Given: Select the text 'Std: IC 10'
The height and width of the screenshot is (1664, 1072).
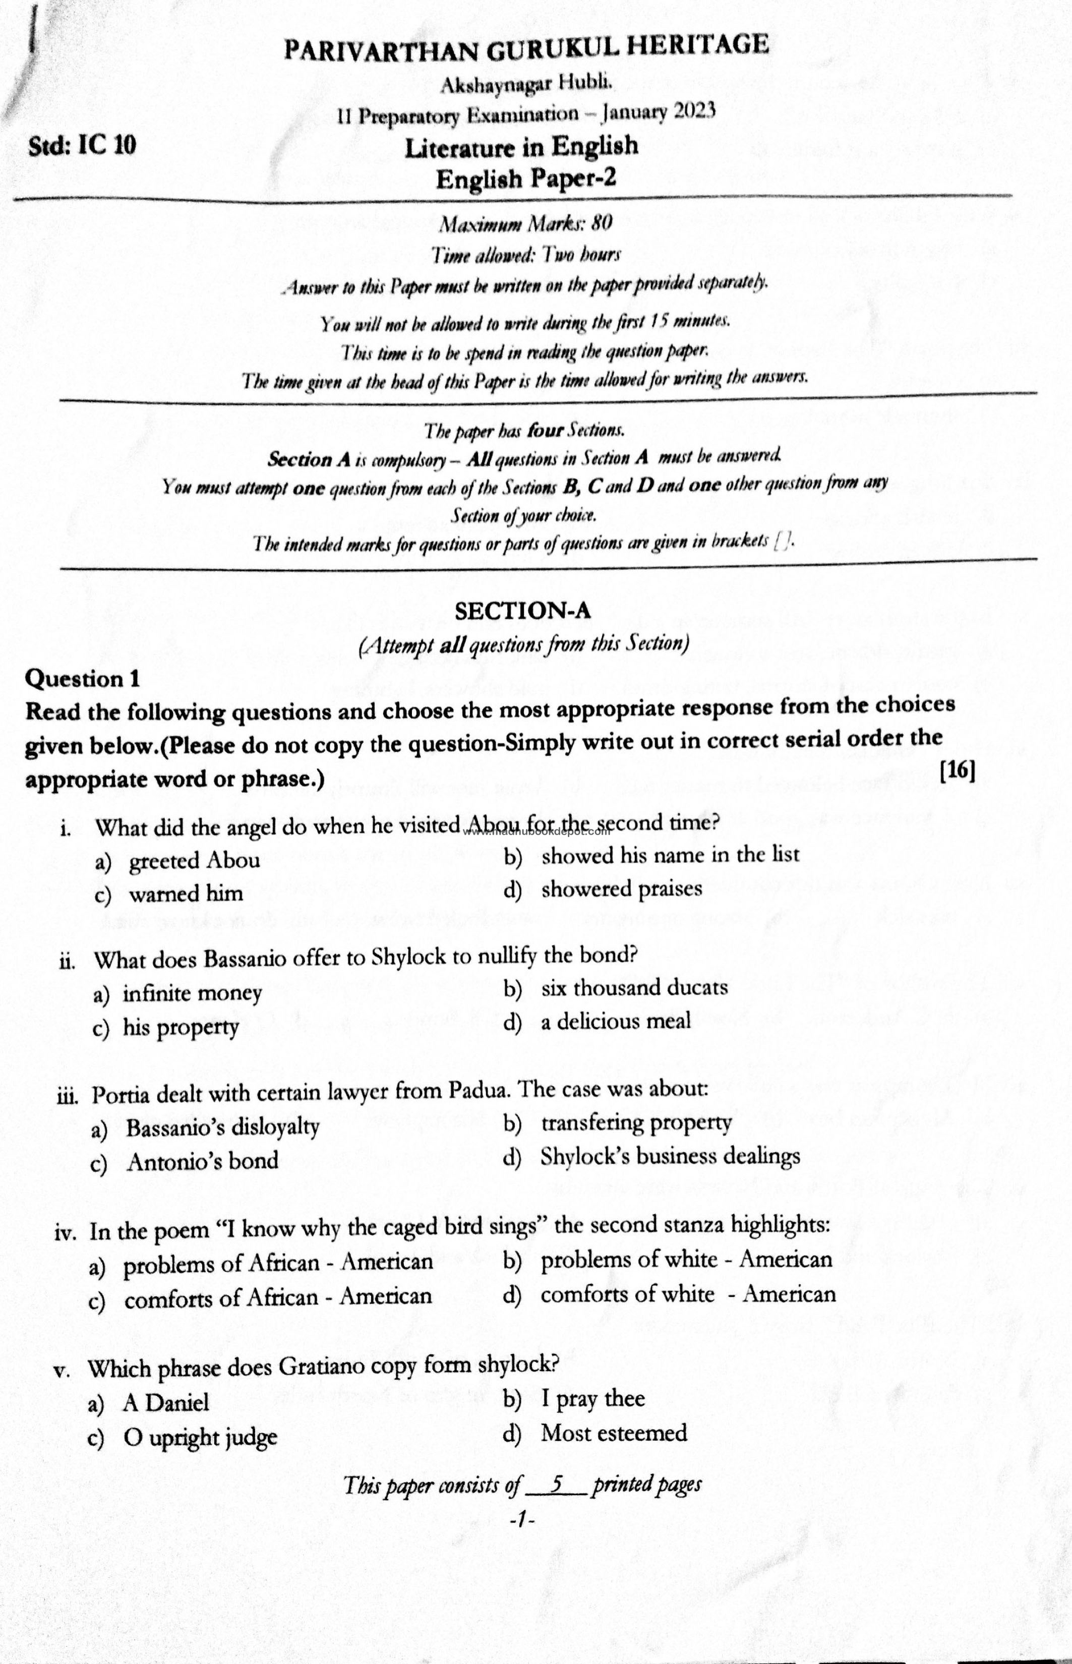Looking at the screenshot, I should click(x=82, y=145).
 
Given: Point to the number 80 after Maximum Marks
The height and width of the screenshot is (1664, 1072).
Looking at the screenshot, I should click(x=602, y=223).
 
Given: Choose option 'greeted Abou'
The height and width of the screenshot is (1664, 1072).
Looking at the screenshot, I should click(x=194, y=861).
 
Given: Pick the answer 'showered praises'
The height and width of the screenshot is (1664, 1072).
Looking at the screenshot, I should click(x=621, y=888).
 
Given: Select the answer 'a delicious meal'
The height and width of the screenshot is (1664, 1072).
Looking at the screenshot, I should click(x=615, y=1021).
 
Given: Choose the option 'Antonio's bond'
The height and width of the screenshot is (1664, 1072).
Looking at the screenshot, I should click(x=202, y=1161).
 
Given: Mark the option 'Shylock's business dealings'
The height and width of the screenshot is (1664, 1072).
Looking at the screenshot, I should click(x=670, y=1156).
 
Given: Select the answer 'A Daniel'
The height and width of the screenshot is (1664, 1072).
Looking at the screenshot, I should click(x=166, y=1402).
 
